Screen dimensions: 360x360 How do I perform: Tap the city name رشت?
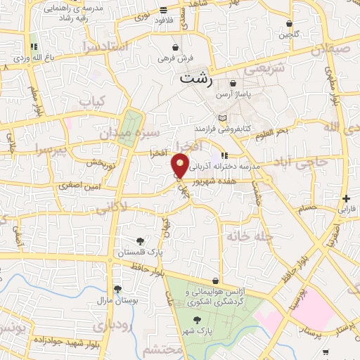point(195,78)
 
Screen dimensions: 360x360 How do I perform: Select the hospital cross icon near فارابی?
point(346,198)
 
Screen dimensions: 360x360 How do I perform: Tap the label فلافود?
point(163,21)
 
